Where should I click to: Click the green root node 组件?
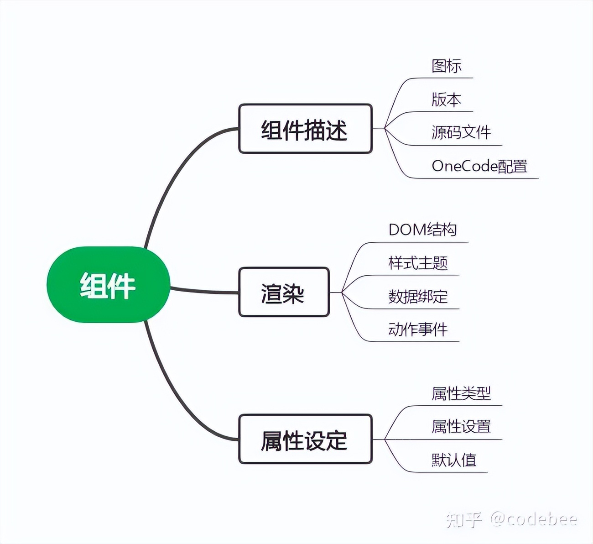[x=108, y=285]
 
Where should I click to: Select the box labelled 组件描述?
[x=305, y=129]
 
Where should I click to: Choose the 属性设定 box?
[x=305, y=439]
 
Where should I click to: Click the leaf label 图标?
[x=447, y=66]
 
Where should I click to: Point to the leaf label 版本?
[x=447, y=99]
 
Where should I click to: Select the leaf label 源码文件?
[x=461, y=133]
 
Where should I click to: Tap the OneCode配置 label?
[x=479, y=166]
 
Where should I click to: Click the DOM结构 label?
[x=422, y=230]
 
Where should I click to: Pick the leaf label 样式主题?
[x=418, y=263]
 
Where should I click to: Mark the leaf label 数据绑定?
[x=418, y=297]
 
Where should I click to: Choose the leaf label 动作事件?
[x=418, y=330]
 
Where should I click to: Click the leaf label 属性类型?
[x=461, y=393]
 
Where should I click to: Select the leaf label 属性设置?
[x=461, y=427]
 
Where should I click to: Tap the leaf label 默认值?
[x=454, y=460]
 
